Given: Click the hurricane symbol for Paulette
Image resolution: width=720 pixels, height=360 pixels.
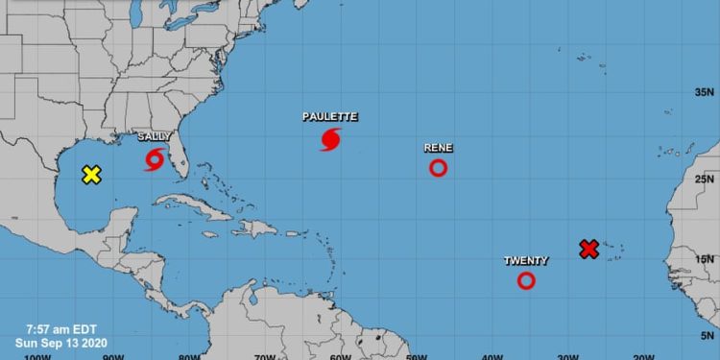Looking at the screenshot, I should pos(330,139).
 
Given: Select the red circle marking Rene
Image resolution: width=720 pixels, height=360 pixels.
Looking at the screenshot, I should pos(438,168).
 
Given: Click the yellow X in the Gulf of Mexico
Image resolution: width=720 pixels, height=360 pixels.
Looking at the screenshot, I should pos(91,175).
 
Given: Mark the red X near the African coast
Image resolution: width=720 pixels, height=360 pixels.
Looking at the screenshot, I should pos(589,249).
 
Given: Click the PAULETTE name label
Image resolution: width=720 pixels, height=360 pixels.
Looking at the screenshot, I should pos(330,116).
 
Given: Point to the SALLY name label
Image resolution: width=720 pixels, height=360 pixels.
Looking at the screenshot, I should pos(155,137).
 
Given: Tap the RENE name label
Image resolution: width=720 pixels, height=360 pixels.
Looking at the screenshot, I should pos(438,148).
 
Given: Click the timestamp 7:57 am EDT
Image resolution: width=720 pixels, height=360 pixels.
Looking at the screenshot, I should pos(51,327).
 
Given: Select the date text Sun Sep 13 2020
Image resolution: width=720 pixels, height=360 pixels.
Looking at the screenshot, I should pos(53,342).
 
